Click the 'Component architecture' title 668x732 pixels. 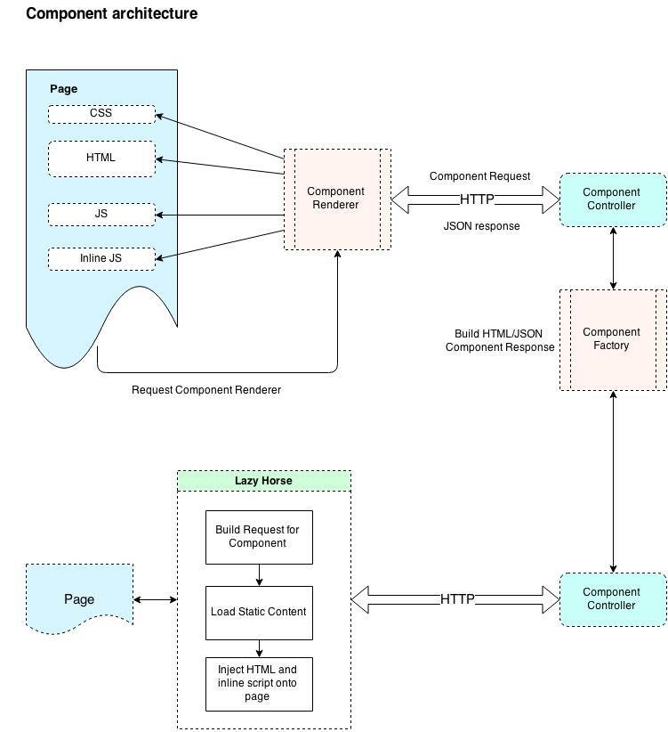(x=111, y=14)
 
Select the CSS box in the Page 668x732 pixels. (x=101, y=114)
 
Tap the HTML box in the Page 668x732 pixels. (x=101, y=159)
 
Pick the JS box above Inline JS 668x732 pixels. (x=101, y=215)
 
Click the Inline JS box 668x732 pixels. (x=101, y=258)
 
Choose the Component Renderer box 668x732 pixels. (x=336, y=199)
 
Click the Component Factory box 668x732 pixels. (x=612, y=339)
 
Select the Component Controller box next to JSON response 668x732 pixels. (x=612, y=199)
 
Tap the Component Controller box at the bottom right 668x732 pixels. (x=612, y=598)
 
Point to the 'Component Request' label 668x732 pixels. (x=479, y=176)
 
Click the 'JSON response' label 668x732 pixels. (x=481, y=226)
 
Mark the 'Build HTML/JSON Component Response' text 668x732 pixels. (x=499, y=340)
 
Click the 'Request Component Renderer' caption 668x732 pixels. (x=206, y=390)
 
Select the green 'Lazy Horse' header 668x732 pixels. (x=264, y=481)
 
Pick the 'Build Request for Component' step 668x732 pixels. (x=259, y=537)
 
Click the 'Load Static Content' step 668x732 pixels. (x=259, y=612)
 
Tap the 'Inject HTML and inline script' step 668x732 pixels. (x=259, y=683)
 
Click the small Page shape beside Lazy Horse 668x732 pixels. (x=79, y=598)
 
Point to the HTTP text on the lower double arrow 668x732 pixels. (x=457, y=599)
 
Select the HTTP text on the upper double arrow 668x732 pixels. (x=477, y=199)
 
